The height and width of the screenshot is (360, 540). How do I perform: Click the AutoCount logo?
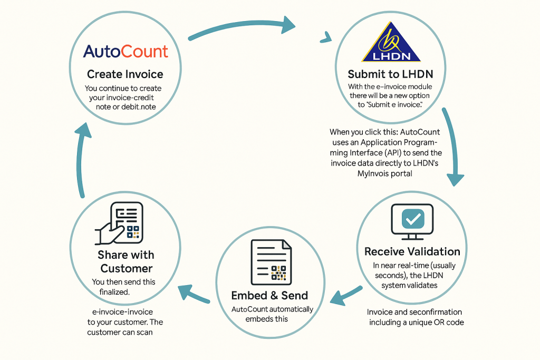pos(126,52)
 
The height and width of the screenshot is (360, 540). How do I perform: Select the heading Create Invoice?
pos(125,74)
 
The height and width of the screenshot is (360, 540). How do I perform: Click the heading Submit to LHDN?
pos(391,74)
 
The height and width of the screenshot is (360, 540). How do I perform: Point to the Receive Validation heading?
pos(412,251)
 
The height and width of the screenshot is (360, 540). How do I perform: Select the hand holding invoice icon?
pos(120,224)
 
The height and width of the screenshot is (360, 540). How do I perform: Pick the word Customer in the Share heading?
pos(127,268)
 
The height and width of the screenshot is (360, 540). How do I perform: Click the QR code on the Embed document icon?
pos(279,273)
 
